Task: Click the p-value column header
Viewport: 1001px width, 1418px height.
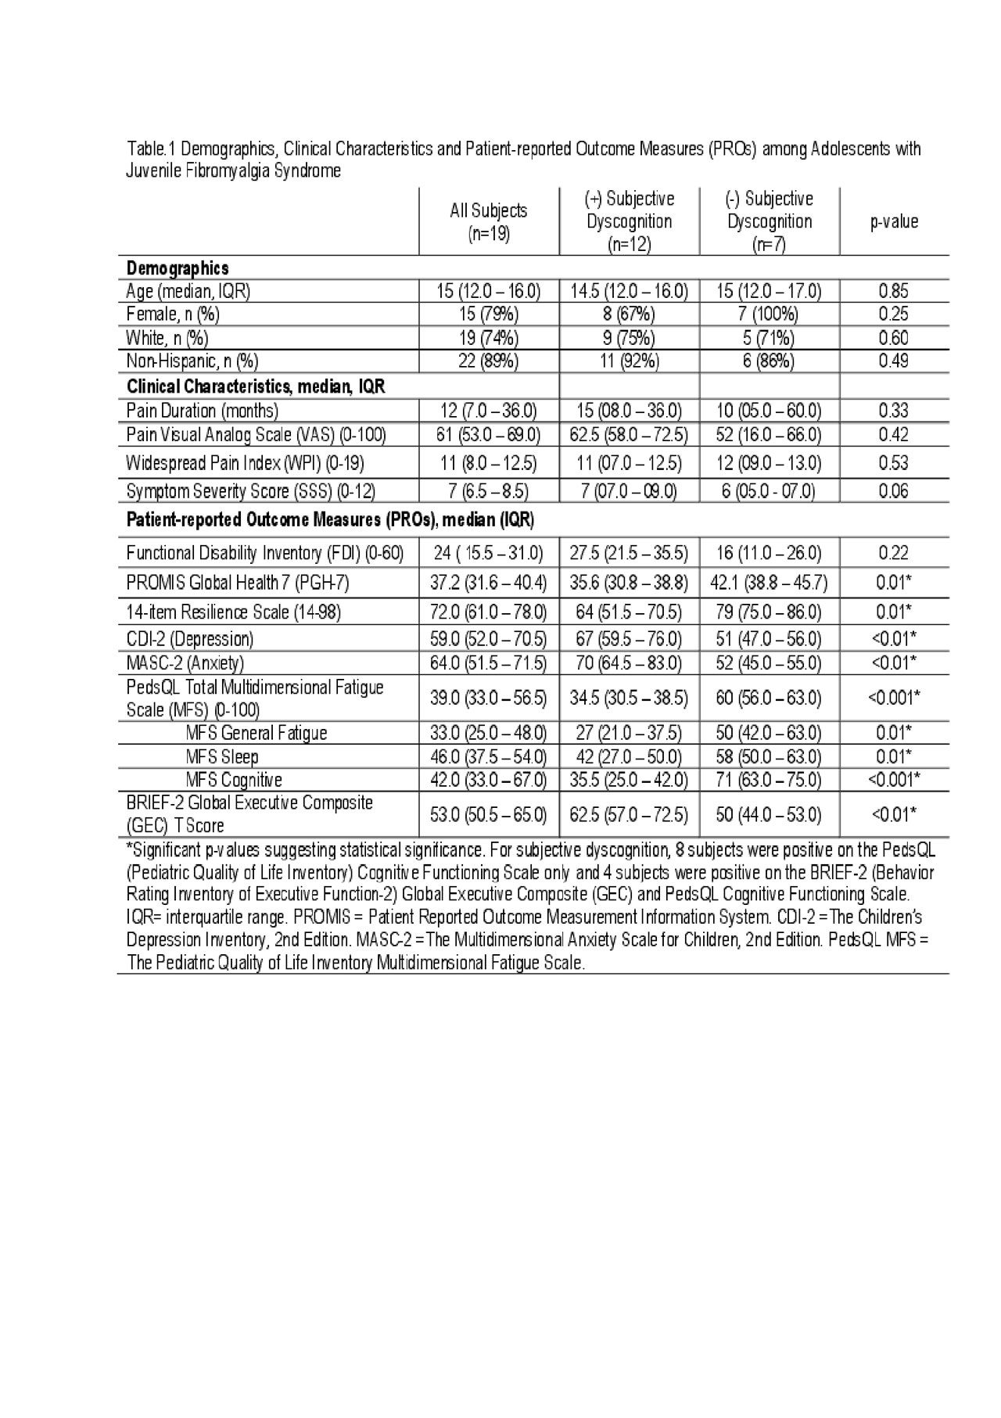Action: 894,221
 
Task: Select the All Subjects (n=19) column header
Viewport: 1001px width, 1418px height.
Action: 489,221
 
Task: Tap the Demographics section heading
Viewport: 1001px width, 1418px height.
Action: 178,268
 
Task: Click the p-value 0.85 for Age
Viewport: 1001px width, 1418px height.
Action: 894,292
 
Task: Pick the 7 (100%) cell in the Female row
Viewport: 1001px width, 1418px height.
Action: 770,314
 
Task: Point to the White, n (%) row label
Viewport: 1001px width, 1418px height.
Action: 167,338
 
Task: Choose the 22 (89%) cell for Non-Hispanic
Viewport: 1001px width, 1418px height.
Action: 489,361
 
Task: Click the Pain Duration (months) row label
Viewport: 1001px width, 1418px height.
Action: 202,411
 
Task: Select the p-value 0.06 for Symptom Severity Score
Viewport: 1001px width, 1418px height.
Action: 894,491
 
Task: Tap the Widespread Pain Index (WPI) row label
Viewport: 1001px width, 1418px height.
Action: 245,463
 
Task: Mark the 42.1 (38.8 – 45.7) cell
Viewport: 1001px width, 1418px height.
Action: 770,583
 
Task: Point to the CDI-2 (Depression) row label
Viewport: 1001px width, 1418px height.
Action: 189,639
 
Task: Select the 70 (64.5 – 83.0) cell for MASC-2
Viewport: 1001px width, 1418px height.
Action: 629,663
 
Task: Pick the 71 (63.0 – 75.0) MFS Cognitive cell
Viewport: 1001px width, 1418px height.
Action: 770,780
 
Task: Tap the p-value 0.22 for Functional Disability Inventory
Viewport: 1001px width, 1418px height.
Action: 894,553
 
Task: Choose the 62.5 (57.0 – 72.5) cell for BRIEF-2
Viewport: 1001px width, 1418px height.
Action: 629,814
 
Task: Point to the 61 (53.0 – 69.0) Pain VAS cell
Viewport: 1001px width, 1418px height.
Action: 489,435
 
